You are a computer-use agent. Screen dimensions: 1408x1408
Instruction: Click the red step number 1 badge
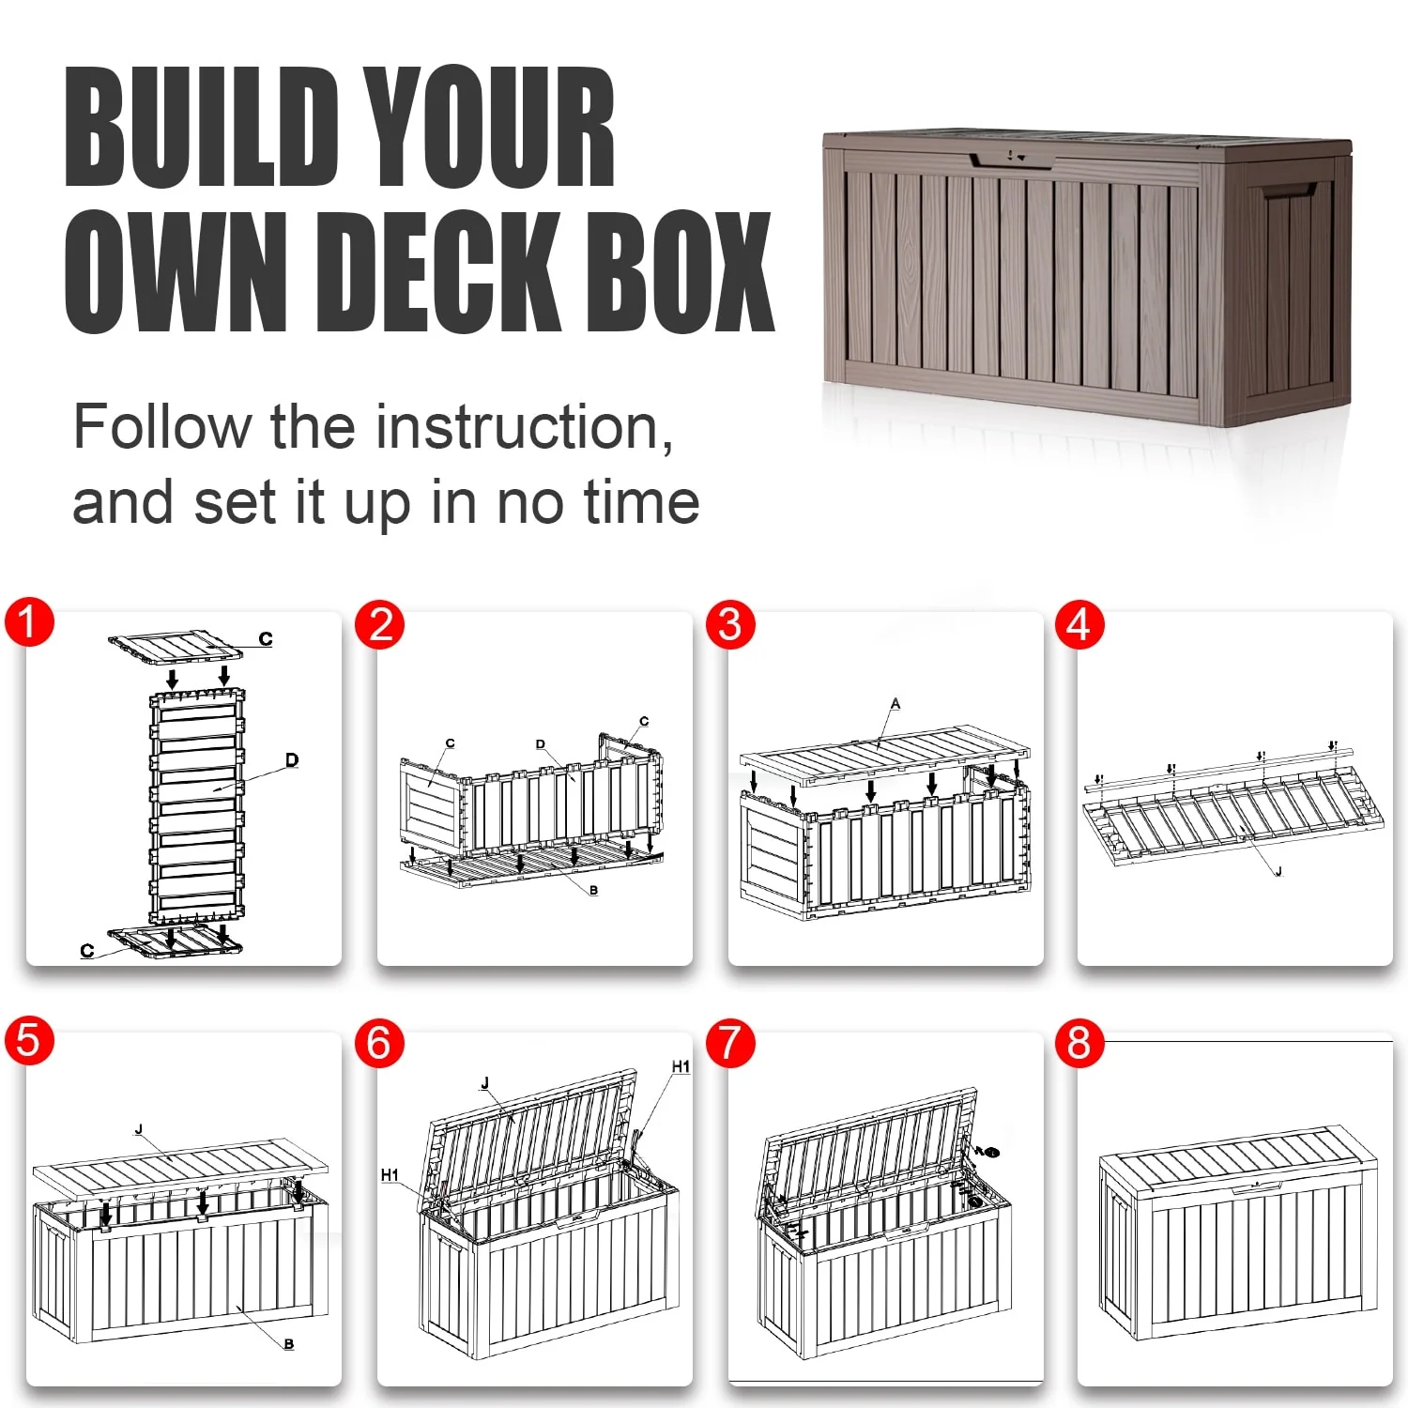(x=29, y=622)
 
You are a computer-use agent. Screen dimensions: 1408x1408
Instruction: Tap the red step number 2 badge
(x=379, y=624)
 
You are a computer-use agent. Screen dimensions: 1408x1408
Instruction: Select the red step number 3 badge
(x=730, y=624)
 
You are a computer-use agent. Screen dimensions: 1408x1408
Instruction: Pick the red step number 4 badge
(x=1079, y=624)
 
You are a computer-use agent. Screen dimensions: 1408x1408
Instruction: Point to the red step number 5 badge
(x=29, y=1041)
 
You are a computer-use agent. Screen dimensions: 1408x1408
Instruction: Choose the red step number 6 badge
(x=379, y=1043)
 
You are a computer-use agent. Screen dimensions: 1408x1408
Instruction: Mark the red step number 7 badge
(x=730, y=1043)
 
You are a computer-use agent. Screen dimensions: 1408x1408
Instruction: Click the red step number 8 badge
(x=1079, y=1043)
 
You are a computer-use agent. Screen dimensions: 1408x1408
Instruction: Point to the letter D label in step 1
(x=292, y=759)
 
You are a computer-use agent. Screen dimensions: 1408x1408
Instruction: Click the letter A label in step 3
(x=895, y=703)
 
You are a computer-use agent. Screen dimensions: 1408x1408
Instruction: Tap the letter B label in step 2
(x=593, y=890)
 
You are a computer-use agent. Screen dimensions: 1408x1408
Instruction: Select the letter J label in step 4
(x=1278, y=871)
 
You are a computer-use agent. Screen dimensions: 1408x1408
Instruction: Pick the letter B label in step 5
(x=289, y=1344)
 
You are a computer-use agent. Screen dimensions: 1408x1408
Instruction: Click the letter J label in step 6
(x=485, y=1083)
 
